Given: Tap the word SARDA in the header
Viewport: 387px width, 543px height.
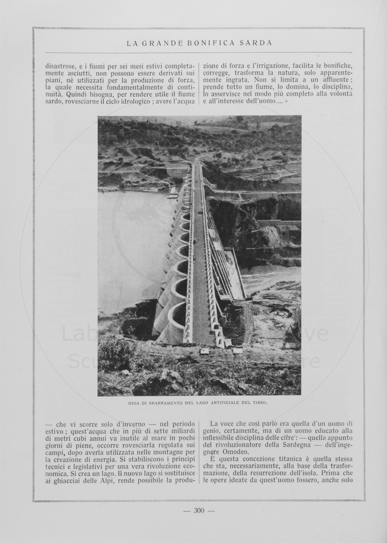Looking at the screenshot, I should coord(257,43).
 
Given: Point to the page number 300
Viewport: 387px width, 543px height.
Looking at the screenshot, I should coord(199,510).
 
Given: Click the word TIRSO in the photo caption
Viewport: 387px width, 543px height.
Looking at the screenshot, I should coord(259,402).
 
